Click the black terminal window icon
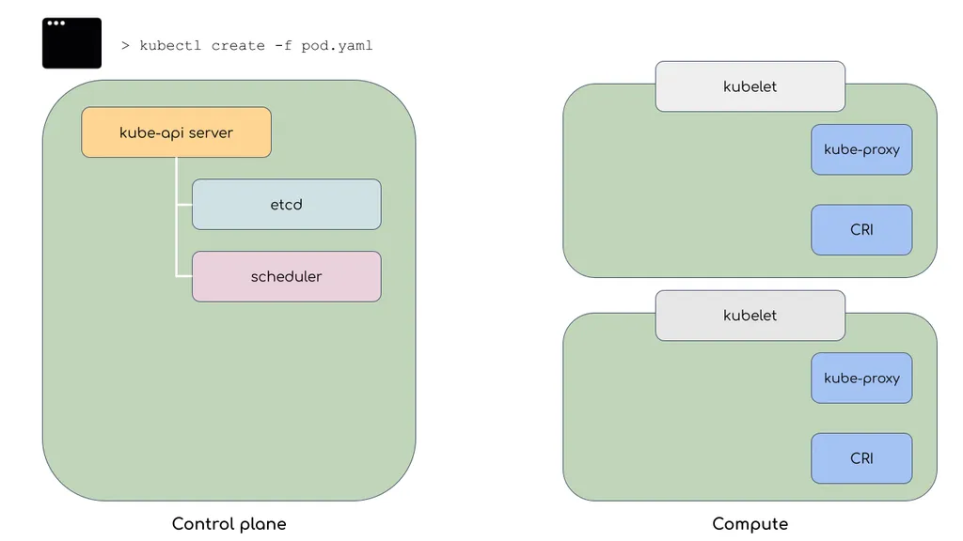tap(71, 43)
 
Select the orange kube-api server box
tap(176, 132)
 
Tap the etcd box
tap(286, 204)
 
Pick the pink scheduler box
tap(286, 277)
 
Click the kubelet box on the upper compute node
tap(750, 86)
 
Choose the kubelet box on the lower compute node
tap(750, 316)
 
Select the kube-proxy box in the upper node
tap(861, 149)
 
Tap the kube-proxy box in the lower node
tap(861, 378)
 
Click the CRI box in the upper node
tap(861, 229)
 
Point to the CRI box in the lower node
tap(861, 458)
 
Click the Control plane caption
tap(229, 524)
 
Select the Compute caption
tap(750, 524)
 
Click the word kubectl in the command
tap(170, 45)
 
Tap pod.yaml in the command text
tap(337, 46)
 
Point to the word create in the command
tap(238, 46)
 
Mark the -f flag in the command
tap(283, 45)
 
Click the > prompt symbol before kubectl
tap(125, 45)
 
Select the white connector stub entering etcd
tap(184, 204)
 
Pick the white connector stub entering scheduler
tap(184, 276)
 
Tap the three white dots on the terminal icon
tap(55, 23)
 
